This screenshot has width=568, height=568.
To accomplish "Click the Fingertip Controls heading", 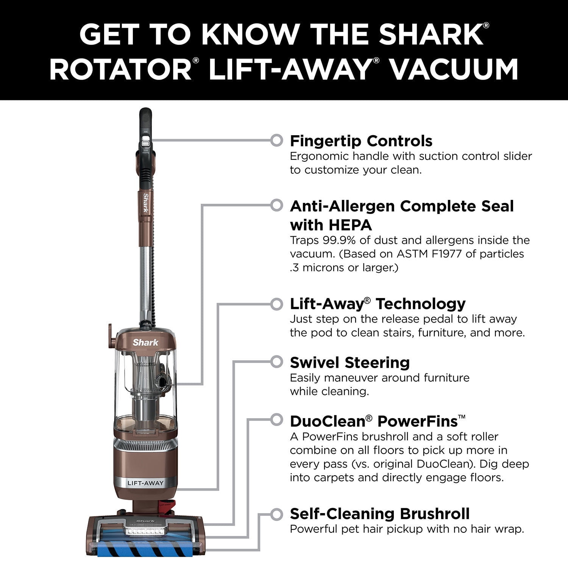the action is point(361,141).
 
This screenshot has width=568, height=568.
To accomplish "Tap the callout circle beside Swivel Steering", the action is point(277,362).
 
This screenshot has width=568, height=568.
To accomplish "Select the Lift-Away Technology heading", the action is point(378,304).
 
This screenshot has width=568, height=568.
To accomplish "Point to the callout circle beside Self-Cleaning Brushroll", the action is point(277,514).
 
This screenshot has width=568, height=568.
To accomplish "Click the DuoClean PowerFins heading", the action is point(378,421).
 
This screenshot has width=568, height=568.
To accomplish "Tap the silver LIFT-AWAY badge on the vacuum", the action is point(145,483).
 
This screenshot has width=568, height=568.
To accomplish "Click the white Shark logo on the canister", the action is point(145,342).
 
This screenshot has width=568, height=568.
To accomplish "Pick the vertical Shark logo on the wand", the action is point(145,203).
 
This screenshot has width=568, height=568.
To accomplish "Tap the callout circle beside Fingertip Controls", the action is point(277,140).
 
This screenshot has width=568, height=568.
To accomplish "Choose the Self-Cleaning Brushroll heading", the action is point(380,514).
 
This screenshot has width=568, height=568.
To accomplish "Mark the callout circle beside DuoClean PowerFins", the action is point(277,420).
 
